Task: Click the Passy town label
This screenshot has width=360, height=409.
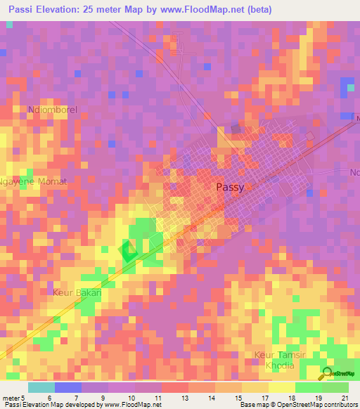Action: click(x=230, y=187)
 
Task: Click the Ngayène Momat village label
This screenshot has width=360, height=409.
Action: click(x=34, y=181)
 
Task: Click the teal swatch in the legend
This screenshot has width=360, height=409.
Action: click(x=41, y=387)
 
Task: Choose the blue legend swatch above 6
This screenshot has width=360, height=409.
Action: click(x=67, y=387)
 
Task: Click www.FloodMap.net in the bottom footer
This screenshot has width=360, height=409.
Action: click(x=134, y=405)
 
